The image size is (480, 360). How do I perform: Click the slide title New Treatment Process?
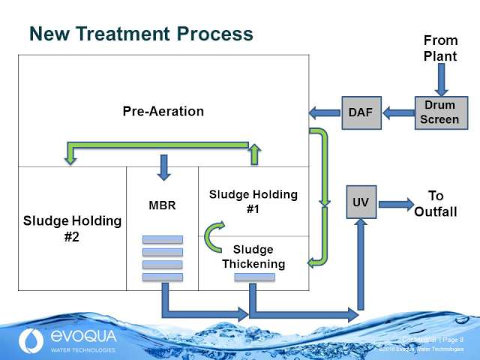[141, 34]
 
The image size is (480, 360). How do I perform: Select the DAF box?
[360, 112]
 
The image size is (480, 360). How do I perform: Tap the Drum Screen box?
[439, 112]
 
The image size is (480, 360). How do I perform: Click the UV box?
[361, 202]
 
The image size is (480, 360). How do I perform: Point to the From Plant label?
[440, 48]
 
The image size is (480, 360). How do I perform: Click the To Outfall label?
[436, 203]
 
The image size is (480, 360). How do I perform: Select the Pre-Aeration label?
[163, 111]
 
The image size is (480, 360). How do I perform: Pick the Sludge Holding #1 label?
[253, 202]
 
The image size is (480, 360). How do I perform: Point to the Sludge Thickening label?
[253, 256]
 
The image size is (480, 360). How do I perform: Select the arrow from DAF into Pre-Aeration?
[324, 113]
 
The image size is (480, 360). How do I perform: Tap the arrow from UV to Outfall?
[394, 203]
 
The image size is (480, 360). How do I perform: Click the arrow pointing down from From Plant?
[440, 79]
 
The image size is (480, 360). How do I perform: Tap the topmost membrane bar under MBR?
[163, 240]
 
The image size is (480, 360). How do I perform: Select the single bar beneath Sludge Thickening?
[253, 277]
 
